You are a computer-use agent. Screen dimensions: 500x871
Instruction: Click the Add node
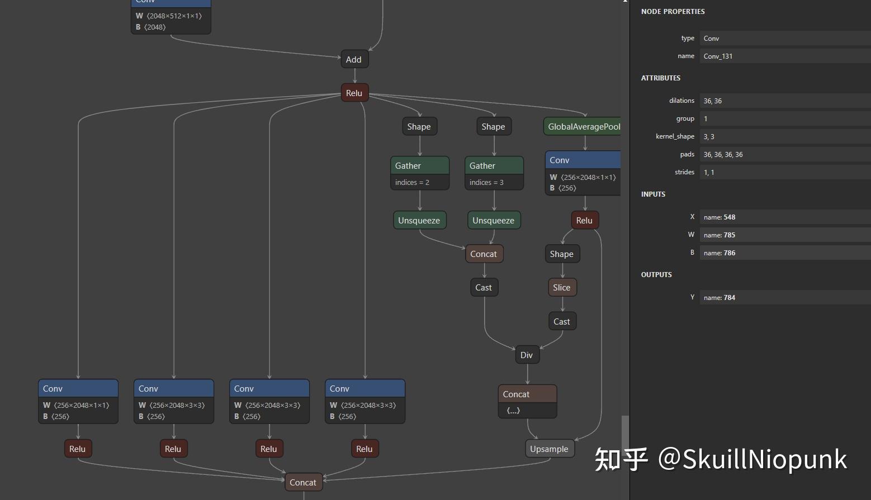coord(354,60)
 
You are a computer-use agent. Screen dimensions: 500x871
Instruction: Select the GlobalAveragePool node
coord(583,127)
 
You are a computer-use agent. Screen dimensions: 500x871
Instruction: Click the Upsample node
coord(549,449)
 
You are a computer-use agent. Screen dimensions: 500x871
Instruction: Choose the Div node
coord(527,355)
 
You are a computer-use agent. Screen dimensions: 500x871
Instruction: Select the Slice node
coord(561,288)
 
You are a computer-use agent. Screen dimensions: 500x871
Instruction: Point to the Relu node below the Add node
coord(354,93)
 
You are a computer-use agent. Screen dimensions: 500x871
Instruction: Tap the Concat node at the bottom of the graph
coord(303,483)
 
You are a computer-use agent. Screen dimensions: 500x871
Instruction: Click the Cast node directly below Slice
coord(561,322)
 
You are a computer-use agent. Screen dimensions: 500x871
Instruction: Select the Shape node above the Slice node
coord(561,254)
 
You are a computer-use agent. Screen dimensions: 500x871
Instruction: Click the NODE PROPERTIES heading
coord(673,12)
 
